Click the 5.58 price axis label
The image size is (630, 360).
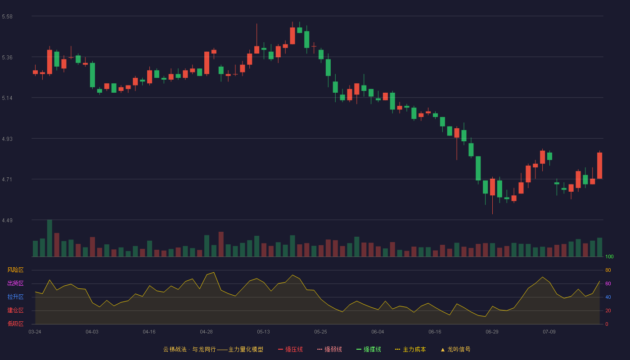tap(7, 17)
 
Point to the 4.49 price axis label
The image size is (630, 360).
tap(7, 220)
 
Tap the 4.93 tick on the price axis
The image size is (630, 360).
tap(7, 139)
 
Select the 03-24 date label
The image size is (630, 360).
tap(35, 332)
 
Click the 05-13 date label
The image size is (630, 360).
tap(263, 332)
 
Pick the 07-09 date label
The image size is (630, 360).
tap(549, 332)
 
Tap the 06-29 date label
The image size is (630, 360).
tap(492, 332)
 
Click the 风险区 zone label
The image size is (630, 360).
tap(15, 270)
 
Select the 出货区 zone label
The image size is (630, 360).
tap(15, 283)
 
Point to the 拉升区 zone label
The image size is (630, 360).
tap(15, 297)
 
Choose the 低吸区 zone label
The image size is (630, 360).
tap(15, 324)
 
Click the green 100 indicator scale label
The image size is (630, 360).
tap(609, 256)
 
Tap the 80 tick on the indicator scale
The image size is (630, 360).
tap(608, 270)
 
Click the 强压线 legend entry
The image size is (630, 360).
tap(290, 349)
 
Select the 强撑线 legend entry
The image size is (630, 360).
tap(369, 349)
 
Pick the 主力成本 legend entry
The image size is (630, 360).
tap(410, 349)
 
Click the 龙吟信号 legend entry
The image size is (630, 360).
tap(455, 349)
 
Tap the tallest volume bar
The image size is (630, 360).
tap(49, 238)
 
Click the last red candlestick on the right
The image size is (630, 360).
tap(599, 166)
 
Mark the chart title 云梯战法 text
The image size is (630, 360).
tap(175, 349)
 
